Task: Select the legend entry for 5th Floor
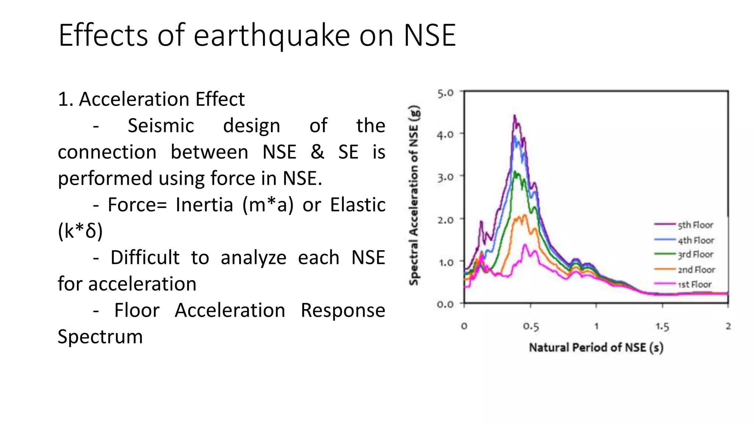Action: (x=695, y=225)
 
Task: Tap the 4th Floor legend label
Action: (x=696, y=240)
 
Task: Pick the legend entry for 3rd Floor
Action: (x=695, y=255)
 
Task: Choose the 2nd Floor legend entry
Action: (x=696, y=270)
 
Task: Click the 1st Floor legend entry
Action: (x=694, y=285)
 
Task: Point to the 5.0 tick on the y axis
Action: (x=445, y=93)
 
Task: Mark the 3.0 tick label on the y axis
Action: (x=445, y=178)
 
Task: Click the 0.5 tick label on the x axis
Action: (x=531, y=326)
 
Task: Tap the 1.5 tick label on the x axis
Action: (x=662, y=326)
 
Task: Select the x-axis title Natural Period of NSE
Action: (x=596, y=347)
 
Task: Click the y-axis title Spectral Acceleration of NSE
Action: (x=414, y=195)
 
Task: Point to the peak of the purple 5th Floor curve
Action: (x=514, y=116)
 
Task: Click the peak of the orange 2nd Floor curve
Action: (x=525, y=215)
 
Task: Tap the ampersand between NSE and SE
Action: (x=317, y=152)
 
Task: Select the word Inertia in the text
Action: (x=204, y=205)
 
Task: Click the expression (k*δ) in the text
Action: (x=80, y=231)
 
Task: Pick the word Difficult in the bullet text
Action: (x=145, y=257)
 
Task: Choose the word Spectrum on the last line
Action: (x=100, y=336)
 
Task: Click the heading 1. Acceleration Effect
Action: (x=151, y=99)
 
